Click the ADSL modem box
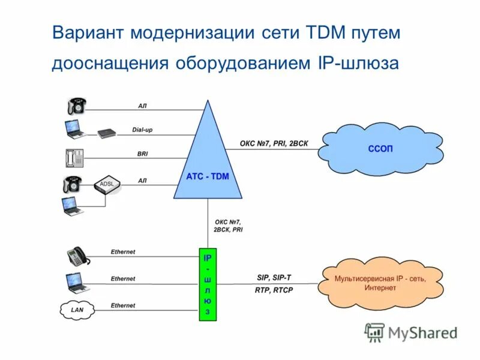pyautogui.click(x=106, y=186)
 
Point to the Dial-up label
pyautogui.click(x=143, y=130)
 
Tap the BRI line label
pyautogui.click(x=143, y=154)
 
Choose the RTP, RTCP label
pyautogui.click(x=274, y=290)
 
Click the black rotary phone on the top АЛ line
pyautogui.click(x=76, y=106)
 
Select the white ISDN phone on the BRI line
pyautogui.click(x=73, y=157)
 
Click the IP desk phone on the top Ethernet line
pyautogui.click(x=78, y=256)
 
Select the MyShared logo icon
pyautogui.click(x=374, y=331)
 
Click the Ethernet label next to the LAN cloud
pyautogui.click(x=123, y=305)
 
